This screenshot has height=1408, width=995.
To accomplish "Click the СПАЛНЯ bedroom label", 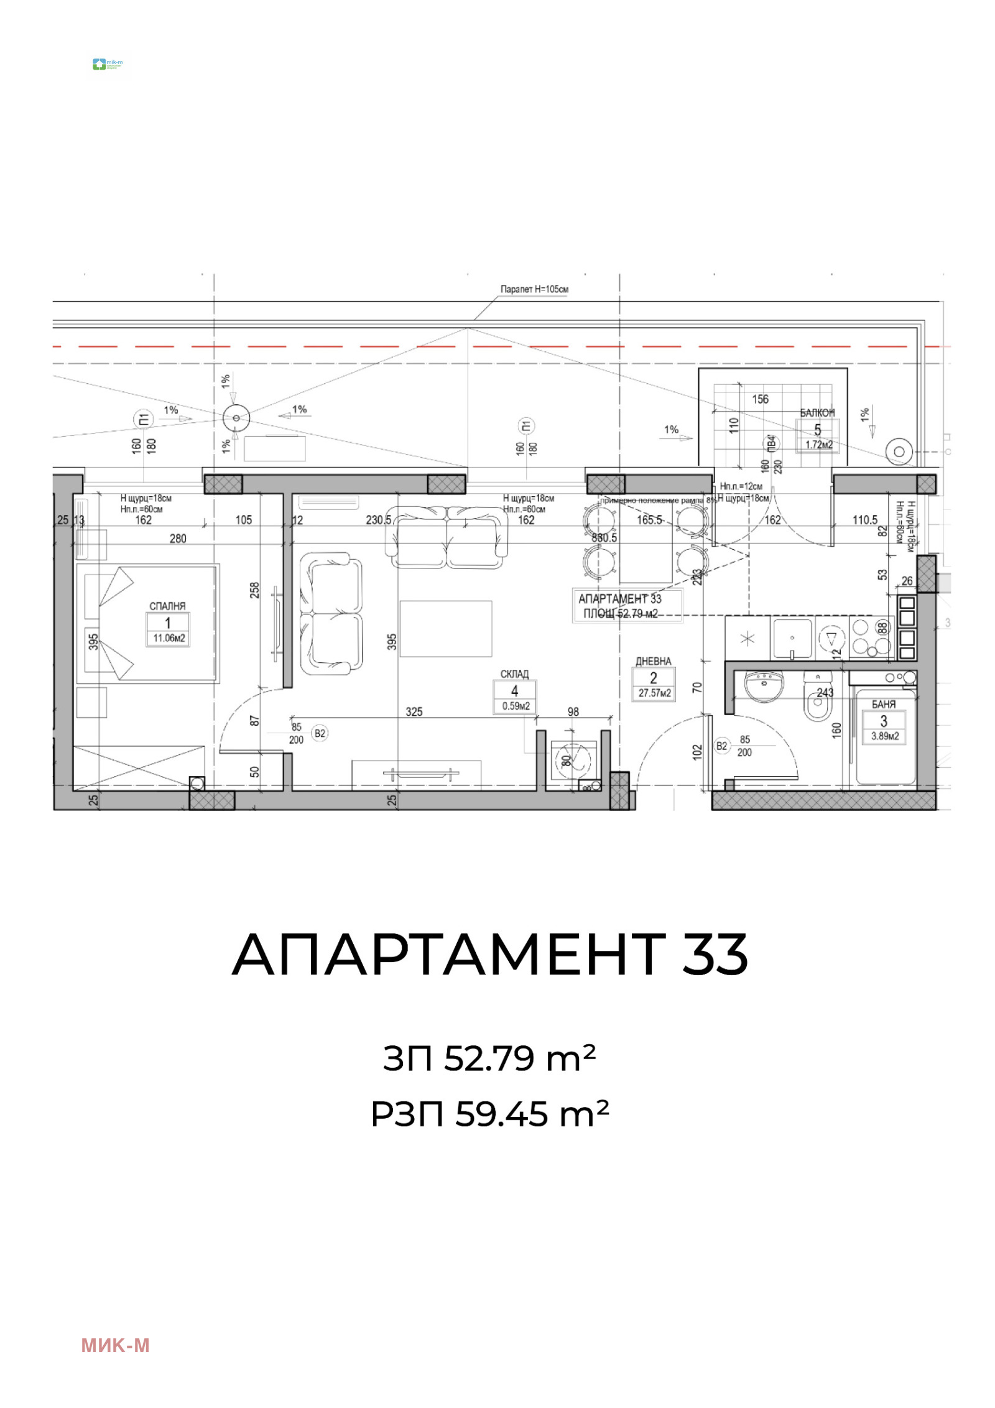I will tap(167, 606).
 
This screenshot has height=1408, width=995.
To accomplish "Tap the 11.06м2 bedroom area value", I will tap(169, 638).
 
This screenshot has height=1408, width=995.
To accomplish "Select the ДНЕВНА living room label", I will tap(653, 661).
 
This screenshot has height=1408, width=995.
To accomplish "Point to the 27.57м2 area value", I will tap(654, 693).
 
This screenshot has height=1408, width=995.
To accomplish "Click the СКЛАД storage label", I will tap(514, 674).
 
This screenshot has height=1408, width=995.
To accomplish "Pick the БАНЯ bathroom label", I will tap(884, 704).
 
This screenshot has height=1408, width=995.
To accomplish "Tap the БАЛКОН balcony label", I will tap(817, 413).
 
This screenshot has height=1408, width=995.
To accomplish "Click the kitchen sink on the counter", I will tap(792, 638).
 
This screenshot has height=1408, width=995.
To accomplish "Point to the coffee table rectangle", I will tap(445, 628).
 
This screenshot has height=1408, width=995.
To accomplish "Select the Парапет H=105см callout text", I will tap(534, 289).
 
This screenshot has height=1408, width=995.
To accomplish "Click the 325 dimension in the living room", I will tap(414, 711).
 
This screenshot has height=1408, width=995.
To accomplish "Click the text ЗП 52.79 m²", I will tap(489, 1058).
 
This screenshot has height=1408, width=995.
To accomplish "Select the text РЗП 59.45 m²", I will tap(489, 1114).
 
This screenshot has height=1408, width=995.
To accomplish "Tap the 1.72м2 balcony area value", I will tap(819, 445).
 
